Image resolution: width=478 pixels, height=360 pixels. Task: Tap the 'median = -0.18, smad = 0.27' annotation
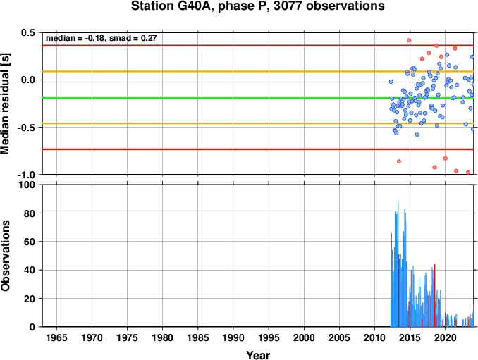click(x=102, y=38)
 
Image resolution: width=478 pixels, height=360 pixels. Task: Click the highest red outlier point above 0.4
click(x=409, y=40)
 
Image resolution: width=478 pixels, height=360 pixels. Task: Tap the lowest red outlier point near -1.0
click(x=468, y=173)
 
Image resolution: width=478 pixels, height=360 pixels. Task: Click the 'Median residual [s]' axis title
click(x=5, y=104)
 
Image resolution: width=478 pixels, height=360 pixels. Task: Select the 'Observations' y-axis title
click(x=5, y=256)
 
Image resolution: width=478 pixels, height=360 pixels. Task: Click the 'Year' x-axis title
click(x=258, y=355)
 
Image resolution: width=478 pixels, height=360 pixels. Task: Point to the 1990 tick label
click(x=233, y=337)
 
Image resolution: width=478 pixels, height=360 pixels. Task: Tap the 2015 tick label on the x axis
click(x=410, y=337)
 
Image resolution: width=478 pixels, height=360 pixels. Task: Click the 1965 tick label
click(x=56, y=337)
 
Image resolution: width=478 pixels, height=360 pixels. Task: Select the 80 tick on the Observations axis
click(x=30, y=213)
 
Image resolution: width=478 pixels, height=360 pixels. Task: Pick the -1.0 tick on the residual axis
click(x=26, y=175)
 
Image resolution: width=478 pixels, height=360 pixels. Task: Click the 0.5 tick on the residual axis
click(x=28, y=32)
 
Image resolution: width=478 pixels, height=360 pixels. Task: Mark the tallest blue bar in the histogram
click(x=398, y=263)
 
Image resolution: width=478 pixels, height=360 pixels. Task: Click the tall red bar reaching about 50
click(x=399, y=290)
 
